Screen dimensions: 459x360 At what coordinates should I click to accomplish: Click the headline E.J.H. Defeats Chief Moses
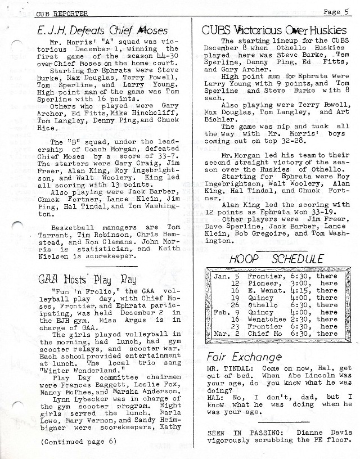(x=89, y=30)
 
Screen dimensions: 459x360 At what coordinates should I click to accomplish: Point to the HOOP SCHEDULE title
(x=276, y=259)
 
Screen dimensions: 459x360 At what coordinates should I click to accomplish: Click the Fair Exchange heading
(x=244, y=357)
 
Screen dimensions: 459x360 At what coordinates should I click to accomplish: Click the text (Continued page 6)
(x=78, y=441)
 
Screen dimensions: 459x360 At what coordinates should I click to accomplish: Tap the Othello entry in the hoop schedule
(x=262, y=305)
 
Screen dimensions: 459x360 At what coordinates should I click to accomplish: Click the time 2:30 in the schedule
(x=299, y=319)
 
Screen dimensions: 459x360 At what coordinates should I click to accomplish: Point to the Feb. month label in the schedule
(x=221, y=312)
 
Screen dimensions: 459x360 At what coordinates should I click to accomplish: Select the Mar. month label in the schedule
(x=221, y=334)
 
